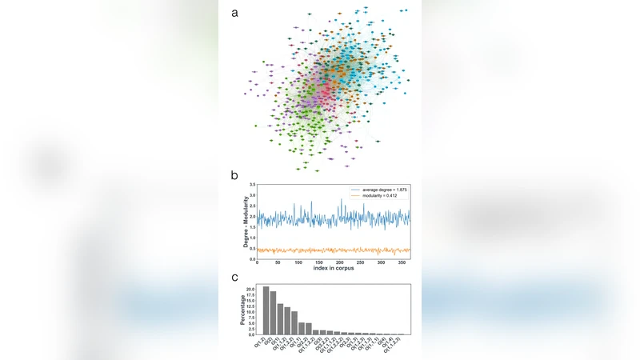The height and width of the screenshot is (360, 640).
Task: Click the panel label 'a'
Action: click(x=234, y=12)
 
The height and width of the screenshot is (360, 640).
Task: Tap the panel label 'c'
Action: click(x=234, y=278)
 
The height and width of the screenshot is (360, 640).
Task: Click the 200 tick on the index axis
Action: click(x=340, y=263)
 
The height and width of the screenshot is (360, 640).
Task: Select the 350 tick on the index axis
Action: click(x=402, y=263)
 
